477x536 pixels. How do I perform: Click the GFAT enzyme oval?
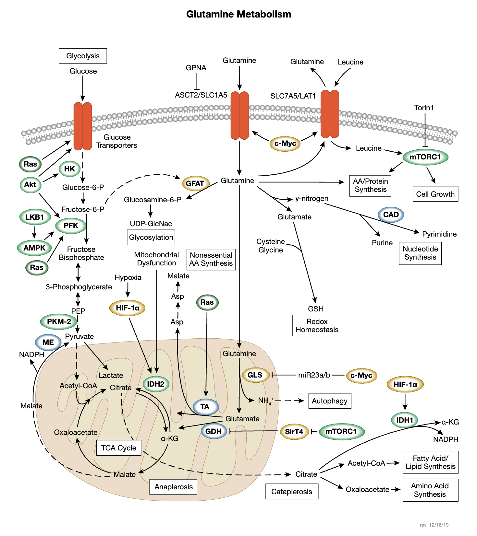195,183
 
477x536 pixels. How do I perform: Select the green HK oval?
69,169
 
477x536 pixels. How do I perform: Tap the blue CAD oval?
391,215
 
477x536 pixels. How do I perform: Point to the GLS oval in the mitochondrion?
255,375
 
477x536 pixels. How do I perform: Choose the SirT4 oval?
294,431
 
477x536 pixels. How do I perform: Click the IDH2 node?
156,384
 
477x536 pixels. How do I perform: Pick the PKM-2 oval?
59,321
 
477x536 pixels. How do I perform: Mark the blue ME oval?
48,342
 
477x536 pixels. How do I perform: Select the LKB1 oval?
34,217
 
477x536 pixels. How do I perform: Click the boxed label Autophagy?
329,401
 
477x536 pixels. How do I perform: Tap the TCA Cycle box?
118,448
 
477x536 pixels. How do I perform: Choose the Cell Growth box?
435,194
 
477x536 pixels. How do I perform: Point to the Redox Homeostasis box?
317,326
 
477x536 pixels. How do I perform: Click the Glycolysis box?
83,56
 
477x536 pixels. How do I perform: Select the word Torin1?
424,108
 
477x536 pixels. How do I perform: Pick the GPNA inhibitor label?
196,68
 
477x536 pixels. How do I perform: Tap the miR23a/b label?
314,375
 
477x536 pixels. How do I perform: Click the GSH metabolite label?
316,309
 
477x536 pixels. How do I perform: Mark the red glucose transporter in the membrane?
83,126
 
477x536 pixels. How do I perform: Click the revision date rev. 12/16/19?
434,525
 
